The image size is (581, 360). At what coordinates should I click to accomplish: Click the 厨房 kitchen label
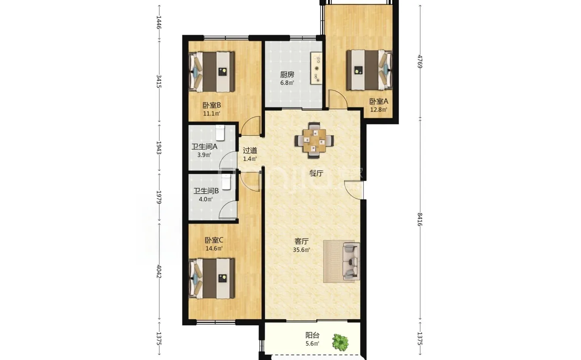287,75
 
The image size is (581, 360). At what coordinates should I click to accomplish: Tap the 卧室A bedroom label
379,101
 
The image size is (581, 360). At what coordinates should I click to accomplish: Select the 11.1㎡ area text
212,113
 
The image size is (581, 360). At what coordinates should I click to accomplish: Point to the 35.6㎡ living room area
301,250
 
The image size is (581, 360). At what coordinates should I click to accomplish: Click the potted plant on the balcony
340,342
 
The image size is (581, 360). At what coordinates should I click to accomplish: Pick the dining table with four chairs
314,140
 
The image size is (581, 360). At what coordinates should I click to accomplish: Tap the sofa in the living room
351,261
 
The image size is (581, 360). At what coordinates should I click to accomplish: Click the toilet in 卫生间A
220,132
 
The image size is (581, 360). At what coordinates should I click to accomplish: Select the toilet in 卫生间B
226,182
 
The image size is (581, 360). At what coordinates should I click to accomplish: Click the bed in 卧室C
211,278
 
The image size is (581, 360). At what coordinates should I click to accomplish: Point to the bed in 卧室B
211,72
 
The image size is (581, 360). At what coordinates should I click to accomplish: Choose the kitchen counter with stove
316,68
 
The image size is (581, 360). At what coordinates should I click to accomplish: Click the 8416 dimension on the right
420,220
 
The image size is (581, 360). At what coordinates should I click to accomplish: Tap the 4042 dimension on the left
159,272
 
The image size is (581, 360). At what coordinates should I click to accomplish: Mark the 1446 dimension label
159,23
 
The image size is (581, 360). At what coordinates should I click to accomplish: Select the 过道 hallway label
250,151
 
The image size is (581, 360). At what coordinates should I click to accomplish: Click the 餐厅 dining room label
316,173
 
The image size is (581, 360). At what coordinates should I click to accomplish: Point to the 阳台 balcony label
312,335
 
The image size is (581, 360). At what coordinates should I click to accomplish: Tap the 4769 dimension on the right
420,62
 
